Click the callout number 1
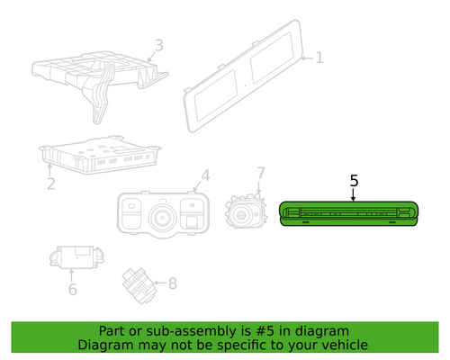pos(319,58)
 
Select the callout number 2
pos(51,184)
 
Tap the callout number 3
pos(158,45)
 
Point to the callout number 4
pos(205,175)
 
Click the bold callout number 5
pos(354,181)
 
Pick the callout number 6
pos(73,289)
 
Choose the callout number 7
pos(261,173)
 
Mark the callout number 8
pos(173,283)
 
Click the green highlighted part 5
pos(349,213)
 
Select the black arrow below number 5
pos(354,195)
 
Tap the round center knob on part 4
pos(162,218)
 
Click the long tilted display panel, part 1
pos(243,76)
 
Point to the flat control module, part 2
pos(100,155)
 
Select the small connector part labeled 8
pos(139,285)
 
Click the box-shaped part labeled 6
pos(76,257)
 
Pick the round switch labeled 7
pos(246,211)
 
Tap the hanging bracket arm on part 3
pos(101,94)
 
